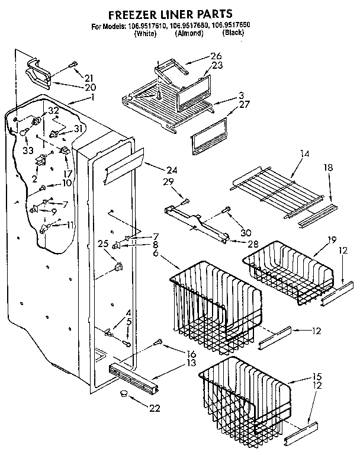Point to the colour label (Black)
(233, 34)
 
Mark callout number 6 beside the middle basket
(155, 252)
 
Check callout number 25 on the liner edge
(102, 243)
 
